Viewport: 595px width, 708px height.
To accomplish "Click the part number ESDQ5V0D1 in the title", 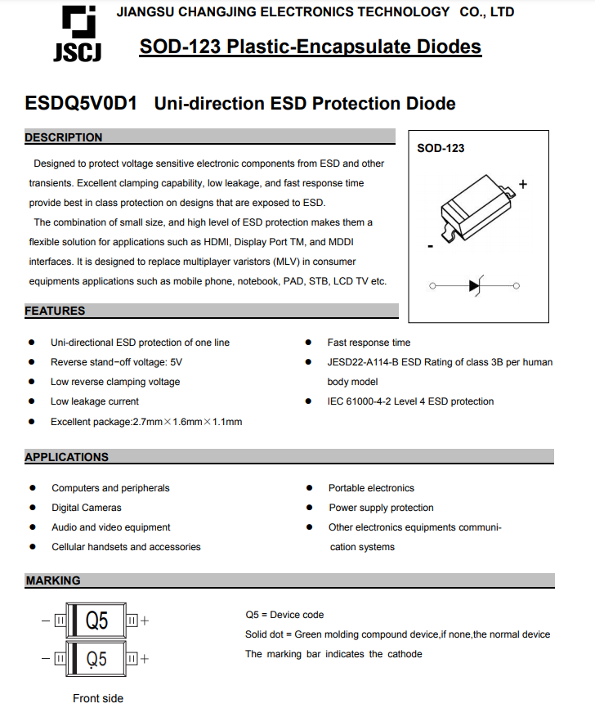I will (82, 104).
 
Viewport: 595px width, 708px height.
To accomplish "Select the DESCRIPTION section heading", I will (64, 137).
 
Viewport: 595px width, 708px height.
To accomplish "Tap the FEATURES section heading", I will (55, 311).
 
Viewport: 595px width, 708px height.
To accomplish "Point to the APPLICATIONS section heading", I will (66, 457).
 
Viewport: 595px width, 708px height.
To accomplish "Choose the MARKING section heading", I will (53, 580).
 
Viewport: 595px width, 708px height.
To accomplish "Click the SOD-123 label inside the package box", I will (441, 148).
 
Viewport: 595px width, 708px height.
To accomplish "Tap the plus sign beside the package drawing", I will (523, 185).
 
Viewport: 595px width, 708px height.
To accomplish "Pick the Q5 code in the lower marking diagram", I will (96, 658).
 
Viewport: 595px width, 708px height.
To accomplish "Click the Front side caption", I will (98, 698).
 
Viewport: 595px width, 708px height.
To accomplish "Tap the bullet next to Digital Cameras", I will (32, 508).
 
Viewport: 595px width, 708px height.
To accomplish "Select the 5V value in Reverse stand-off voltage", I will (176, 362).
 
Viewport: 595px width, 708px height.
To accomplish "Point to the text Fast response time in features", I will (369, 343).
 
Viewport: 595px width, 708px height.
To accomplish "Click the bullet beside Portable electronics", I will (309, 488).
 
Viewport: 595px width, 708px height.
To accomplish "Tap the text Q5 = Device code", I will (284, 615).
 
